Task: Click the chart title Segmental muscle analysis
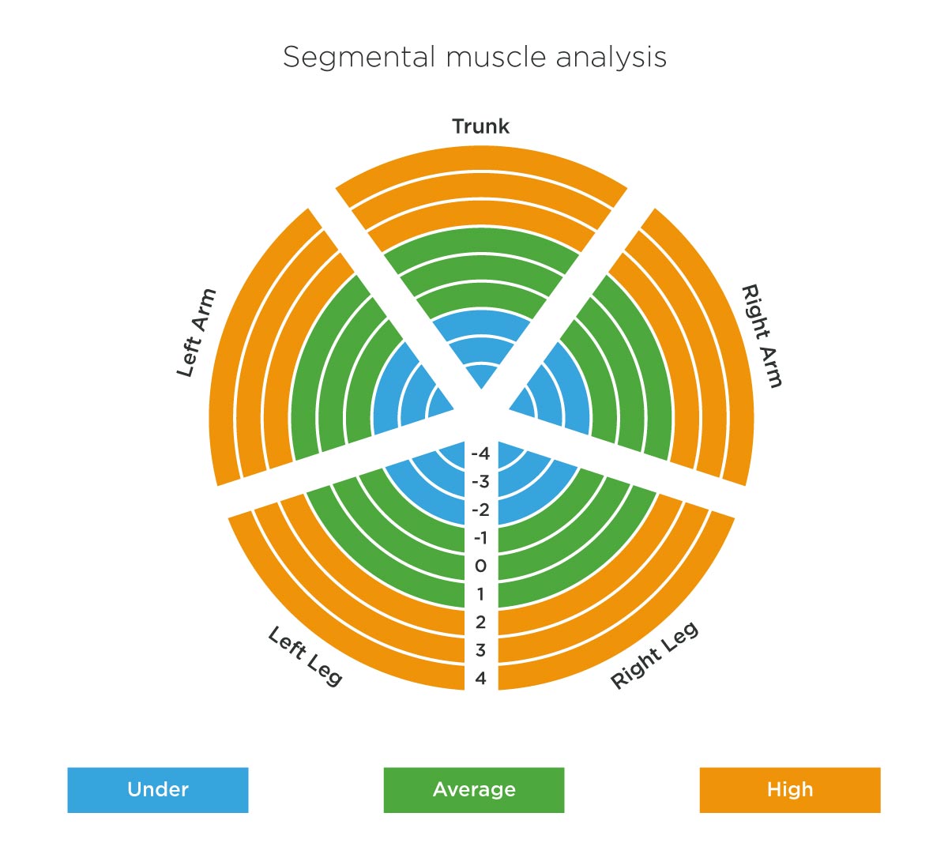[x=475, y=58]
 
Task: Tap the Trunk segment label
[x=480, y=126]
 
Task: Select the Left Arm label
[x=197, y=333]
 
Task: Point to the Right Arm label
[x=762, y=336]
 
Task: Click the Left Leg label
[x=305, y=656]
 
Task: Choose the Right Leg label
[x=655, y=655]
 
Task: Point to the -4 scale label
[x=480, y=453]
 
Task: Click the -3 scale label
[x=480, y=482]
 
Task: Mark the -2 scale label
[x=480, y=510]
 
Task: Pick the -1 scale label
[x=480, y=537]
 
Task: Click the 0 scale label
[x=480, y=566]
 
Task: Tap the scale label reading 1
[x=480, y=594]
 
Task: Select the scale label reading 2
[x=480, y=622]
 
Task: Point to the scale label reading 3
[x=480, y=650]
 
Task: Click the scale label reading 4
[x=480, y=679]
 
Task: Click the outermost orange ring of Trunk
[x=481, y=158]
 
